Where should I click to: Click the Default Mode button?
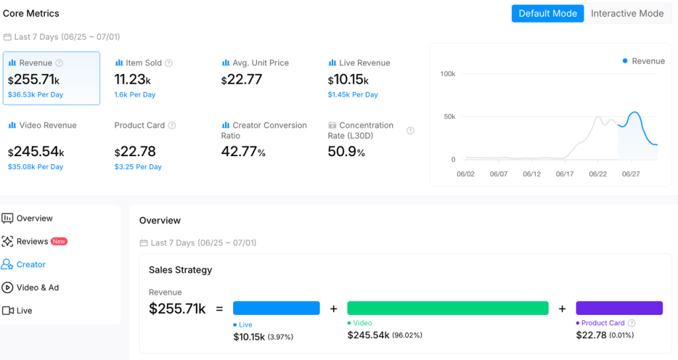tap(548, 13)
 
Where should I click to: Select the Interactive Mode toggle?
tap(627, 13)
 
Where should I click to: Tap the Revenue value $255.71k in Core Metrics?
tap(34, 79)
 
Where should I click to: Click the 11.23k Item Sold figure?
tap(132, 79)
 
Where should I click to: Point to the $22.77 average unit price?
tap(242, 79)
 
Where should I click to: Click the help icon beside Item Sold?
tap(169, 63)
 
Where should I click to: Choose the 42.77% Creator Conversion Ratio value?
tap(243, 152)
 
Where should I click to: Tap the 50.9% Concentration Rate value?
tap(346, 152)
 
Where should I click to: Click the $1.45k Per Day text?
tap(353, 95)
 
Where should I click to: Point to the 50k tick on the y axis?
tap(450, 116)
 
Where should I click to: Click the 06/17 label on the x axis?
tap(565, 174)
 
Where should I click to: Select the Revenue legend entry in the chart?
tap(644, 61)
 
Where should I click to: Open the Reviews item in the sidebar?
tap(32, 242)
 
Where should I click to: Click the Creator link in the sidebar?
tap(30, 265)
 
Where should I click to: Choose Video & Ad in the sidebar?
tap(38, 287)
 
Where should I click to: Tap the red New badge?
tap(59, 242)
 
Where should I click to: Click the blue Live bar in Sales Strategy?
tap(276, 308)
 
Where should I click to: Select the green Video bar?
tap(448, 308)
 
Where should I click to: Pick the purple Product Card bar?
tap(619, 308)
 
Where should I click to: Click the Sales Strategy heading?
tap(180, 270)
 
